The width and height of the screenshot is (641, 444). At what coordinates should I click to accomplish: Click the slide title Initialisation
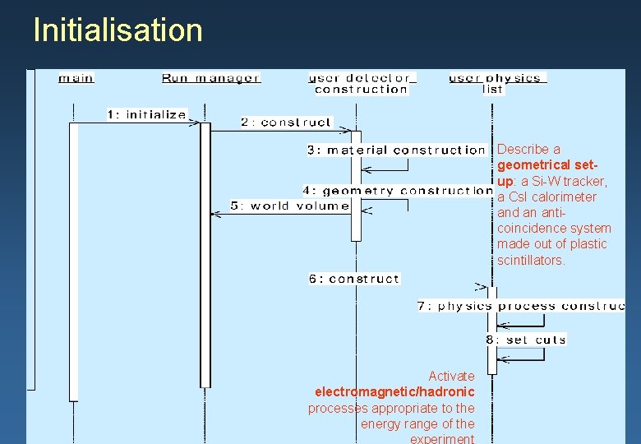click(118, 30)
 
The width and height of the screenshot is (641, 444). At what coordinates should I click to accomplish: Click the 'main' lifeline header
click(76, 78)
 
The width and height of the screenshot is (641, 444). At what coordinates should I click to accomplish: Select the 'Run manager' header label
click(211, 78)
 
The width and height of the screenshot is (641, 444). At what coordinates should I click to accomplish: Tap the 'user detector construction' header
click(362, 84)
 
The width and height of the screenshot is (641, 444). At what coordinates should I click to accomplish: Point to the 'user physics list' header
click(496, 83)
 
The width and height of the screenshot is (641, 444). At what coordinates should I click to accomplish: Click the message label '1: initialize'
click(147, 114)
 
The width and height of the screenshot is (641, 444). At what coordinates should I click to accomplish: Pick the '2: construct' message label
click(286, 123)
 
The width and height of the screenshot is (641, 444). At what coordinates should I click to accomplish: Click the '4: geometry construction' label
click(397, 191)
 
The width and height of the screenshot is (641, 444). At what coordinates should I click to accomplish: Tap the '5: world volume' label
click(290, 206)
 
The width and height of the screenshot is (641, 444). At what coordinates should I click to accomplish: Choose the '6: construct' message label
click(354, 279)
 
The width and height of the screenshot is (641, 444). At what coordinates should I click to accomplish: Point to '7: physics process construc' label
click(521, 306)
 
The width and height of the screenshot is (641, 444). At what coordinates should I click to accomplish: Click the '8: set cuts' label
click(525, 339)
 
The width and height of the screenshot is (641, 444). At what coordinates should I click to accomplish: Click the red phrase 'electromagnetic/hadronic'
click(394, 392)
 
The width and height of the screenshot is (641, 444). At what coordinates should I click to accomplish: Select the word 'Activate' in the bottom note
click(451, 377)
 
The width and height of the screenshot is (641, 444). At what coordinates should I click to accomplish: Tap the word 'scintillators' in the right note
click(531, 260)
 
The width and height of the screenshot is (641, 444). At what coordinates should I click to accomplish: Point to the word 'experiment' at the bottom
click(442, 438)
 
